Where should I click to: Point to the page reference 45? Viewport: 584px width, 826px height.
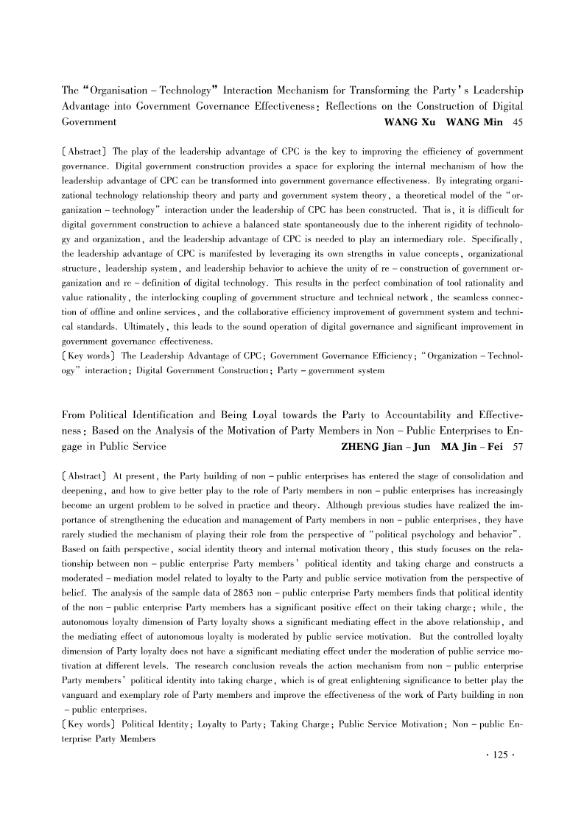point(517,121)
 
